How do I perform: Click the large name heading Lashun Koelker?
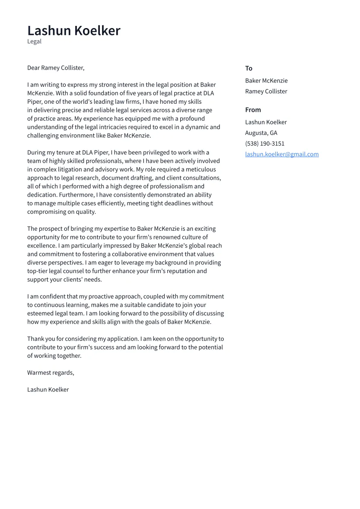(x=74, y=31)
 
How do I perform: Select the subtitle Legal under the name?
(x=35, y=41)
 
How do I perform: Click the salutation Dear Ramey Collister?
(x=56, y=68)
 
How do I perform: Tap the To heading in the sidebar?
(x=248, y=68)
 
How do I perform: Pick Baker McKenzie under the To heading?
(x=266, y=80)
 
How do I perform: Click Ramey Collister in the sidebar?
(x=266, y=91)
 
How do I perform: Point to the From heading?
(x=253, y=110)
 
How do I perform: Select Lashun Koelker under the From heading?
(x=266, y=122)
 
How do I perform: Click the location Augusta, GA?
(x=261, y=133)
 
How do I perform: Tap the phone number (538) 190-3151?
(x=264, y=143)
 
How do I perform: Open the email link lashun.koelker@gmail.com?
(x=282, y=154)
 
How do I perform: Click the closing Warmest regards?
(x=51, y=372)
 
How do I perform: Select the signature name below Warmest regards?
(x=48, y=389)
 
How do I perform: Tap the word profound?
(x=192, y=118)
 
